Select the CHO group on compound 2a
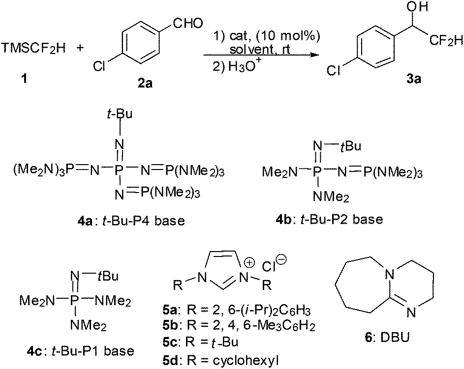tap(188, 24)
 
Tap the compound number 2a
tap(145, 84)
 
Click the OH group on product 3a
tap(417, 7)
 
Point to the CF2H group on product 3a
tap(446, 41)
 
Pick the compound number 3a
tap(413, 79)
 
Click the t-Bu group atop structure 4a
tap(120, 114)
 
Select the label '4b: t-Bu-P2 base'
tap(329, 219)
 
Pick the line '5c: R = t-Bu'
tap(200, 342)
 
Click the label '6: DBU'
tap(387, 337)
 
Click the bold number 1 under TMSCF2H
tap(24, 79)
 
